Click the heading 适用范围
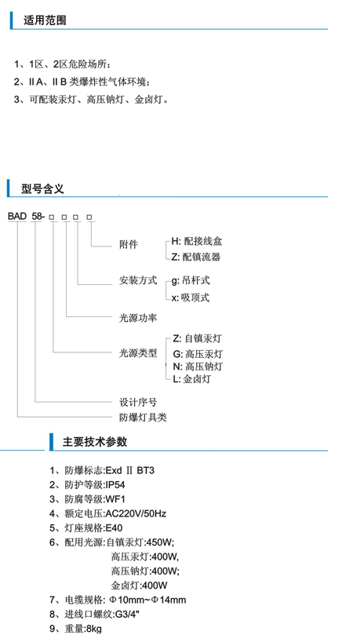point(45,20)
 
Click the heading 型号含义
point(42,188)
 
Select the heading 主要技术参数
point(95,442)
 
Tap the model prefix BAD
point(17,217)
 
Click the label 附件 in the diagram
point(129,245)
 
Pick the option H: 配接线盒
point(197,242)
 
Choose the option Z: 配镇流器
point(196,257)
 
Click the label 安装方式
point(138,281)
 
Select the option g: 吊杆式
point(191,281)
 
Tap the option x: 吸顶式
point(190,297)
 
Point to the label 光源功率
point(138,318)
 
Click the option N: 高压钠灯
point(198,367)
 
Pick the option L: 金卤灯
point(191,379)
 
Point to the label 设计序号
point(138,403)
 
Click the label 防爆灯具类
point(143,418)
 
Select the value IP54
point(115,485)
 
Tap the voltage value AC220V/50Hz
point(136,514)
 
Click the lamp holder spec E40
point(114,528)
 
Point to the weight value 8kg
point(94,629)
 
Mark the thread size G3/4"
point(128,615)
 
